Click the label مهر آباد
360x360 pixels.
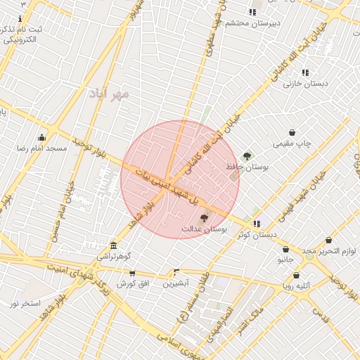click(x=110, y=93)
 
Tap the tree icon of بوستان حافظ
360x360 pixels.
click(x=247, y=156)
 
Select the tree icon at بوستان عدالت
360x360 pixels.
click(x=205, y=219)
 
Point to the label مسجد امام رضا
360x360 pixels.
click(x=41, y=148)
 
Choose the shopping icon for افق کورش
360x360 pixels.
click(x=131, y=273)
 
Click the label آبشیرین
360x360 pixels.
click(x=176, y=283)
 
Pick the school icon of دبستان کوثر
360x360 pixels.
click(x=256, y=224)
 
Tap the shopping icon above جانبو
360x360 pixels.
click(x=285, y=249)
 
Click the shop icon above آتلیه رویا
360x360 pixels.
click(x=296, y=275)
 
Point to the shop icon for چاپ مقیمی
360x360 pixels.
click(x=292, y=133)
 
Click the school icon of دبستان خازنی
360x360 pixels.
click(x=305, y=72)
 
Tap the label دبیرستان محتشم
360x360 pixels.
click(x=252, y=23)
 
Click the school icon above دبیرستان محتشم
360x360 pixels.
click(x=252, y=12)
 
